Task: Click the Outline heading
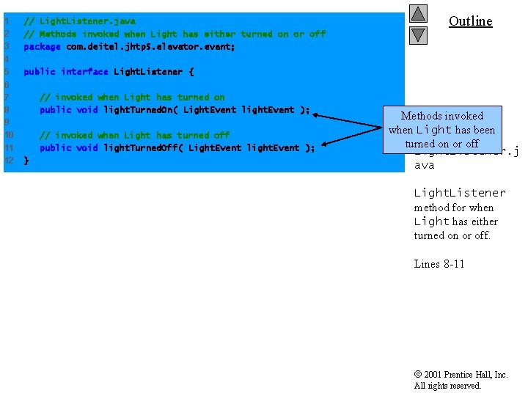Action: click(x=470, y=21)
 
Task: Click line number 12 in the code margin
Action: click(x=9, y=161)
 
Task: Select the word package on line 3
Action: click(x=42, y=47)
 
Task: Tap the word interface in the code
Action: click(x=84, y=72)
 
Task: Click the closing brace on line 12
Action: click(x=26, y=160)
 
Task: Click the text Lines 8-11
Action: click(x=439, y=264)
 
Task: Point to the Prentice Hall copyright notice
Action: click(x=461, y=375)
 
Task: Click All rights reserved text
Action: click(x=447, y=386)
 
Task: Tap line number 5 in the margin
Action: click(x=7, y=72)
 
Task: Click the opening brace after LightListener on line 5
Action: click(x=191, y=72)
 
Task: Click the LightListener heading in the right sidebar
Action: click(x=459, y=193)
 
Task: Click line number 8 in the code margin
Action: click(x=7, y=110)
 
